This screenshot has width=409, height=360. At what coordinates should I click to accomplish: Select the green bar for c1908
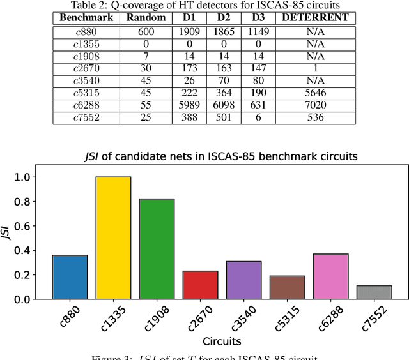157,249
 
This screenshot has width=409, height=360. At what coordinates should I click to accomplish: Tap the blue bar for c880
70,277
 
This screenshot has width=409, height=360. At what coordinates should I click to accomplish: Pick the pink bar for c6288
330,276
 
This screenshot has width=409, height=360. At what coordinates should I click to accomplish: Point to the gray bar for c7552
374,292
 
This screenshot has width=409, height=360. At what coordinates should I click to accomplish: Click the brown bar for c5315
287,287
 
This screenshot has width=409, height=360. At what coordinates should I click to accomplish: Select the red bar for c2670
200,285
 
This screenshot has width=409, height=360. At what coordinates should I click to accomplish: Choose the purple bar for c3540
243,280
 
